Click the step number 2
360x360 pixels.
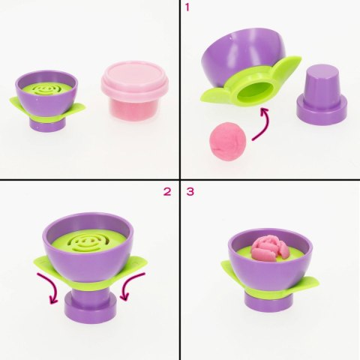coord(167,191)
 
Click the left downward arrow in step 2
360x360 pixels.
coord(52,289)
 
